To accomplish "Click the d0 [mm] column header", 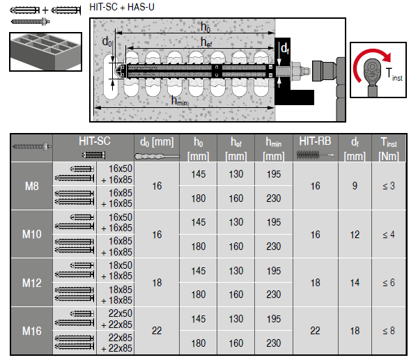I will coord(156,147).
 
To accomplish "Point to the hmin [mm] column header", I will coord(273,147).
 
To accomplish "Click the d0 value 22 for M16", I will coord(156,330).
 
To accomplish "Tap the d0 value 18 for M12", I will coord(156,283).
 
